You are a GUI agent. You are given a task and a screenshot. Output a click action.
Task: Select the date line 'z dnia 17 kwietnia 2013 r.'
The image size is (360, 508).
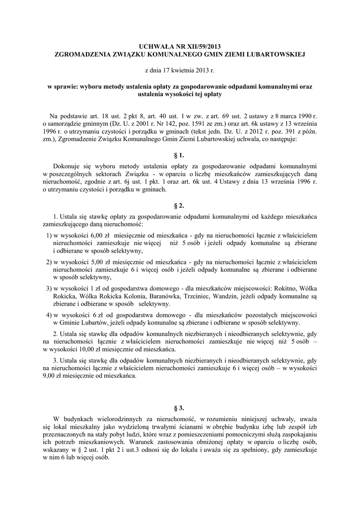(180, 70)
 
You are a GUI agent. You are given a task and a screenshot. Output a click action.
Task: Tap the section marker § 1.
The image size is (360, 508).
(180, 155)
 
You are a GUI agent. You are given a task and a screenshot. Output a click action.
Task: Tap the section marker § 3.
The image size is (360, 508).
(180, 408)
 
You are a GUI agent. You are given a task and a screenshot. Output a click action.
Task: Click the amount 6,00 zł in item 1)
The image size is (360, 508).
(100, 236)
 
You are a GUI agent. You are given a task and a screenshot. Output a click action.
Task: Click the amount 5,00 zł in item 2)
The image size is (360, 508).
(100, 261)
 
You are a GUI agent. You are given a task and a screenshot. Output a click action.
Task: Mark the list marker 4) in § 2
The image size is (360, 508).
(49, 316)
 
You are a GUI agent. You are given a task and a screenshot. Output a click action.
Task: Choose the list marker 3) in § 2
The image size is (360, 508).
(49, 288)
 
